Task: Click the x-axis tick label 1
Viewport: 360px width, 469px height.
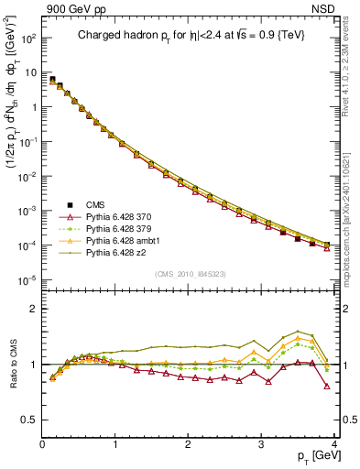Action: click(115, 445)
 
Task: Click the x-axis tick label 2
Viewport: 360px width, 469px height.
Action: click(188, 445)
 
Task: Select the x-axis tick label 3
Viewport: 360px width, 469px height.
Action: click(261, 445)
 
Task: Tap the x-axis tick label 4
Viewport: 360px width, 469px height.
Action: click(333, 445)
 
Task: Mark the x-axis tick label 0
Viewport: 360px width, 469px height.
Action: click(43, 445)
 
